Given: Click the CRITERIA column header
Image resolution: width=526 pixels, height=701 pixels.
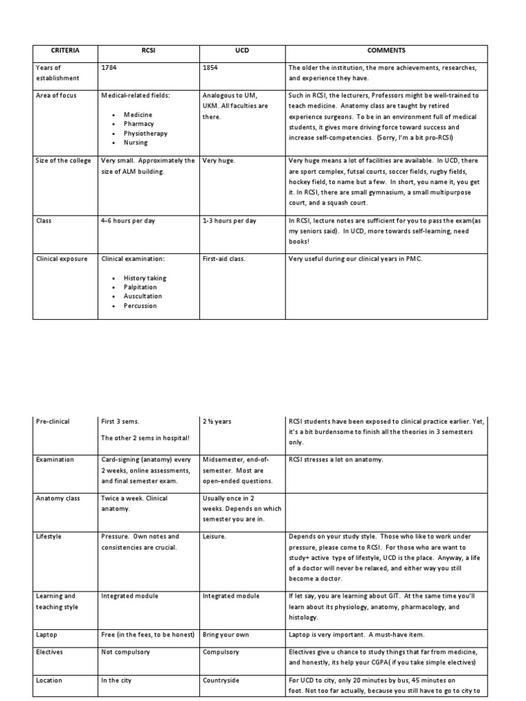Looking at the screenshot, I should [x=66, y=51].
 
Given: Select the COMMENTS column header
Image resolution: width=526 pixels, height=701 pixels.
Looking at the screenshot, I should [x=386, y=51].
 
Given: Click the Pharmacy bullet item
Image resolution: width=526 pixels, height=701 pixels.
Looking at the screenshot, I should [x=139, y=124].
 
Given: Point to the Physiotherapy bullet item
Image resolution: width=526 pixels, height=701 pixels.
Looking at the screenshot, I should [x=145, y=133].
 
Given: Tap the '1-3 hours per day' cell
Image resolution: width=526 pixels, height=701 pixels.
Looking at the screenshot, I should [x=229, y=221].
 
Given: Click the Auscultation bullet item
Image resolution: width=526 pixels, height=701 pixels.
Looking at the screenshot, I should [x=143, y=296].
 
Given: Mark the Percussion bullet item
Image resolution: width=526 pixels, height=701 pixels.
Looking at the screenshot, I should [x=140, y=306].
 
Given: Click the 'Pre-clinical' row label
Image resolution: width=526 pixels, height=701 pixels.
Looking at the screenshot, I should [x=53, y=422].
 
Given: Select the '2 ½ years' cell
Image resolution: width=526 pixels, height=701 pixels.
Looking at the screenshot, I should [x=217, y=422].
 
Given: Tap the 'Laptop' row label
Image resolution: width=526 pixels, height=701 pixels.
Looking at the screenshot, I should [x=47, y=635].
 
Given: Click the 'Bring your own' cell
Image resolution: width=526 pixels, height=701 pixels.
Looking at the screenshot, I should [x=226, y=635].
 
